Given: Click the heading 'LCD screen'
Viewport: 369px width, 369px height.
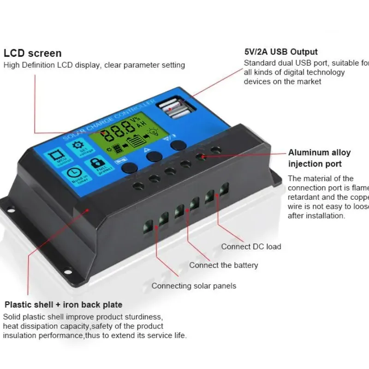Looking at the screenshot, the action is point(32,54).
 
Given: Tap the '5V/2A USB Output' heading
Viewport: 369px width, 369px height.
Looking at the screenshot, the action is point(280,52).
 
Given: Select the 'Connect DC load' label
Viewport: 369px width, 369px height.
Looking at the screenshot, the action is point(251,246).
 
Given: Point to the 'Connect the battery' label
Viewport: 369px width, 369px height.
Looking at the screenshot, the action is point(223,265).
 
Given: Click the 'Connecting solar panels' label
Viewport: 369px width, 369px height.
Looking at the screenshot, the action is point(194,286).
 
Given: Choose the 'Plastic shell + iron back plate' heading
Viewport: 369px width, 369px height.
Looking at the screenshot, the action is point(63,305).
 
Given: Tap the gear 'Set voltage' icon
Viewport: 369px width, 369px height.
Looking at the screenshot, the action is point(76,146).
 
